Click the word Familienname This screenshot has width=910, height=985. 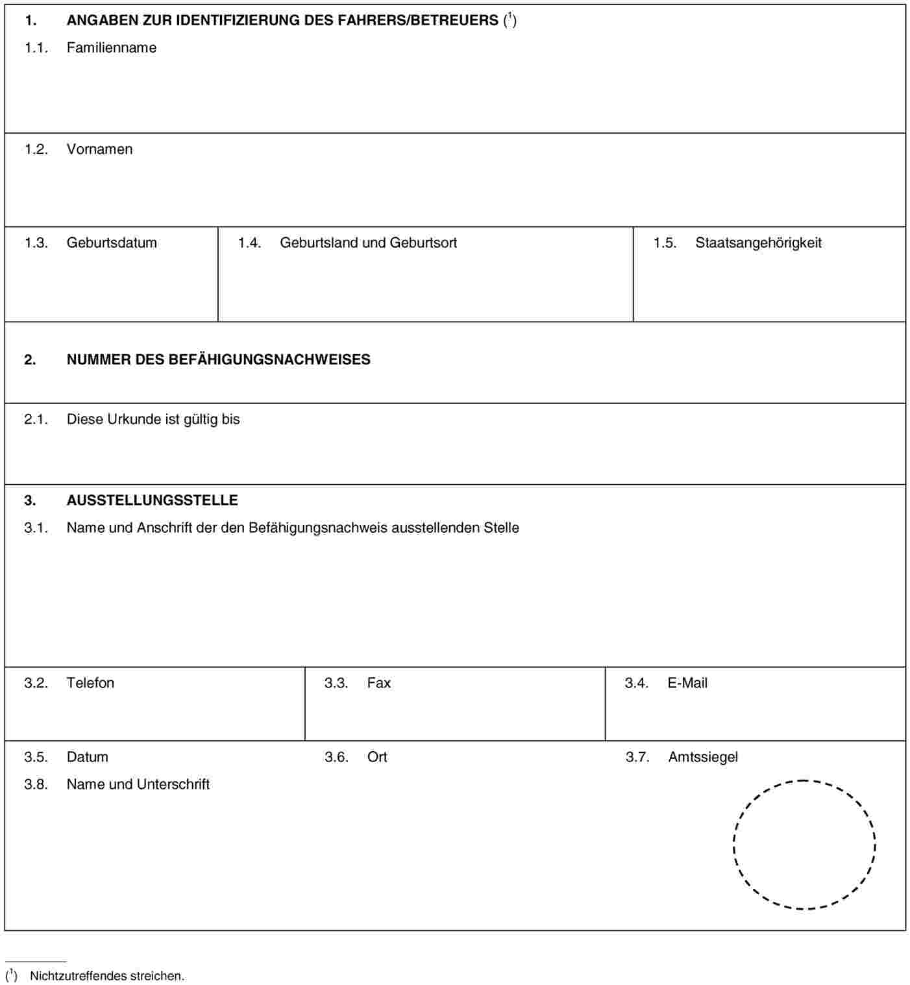click(111, 47)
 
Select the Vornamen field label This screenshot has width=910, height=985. click(99, 149)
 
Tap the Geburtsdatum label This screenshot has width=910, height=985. click(112, 243)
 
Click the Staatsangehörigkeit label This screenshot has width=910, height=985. click(758, 243)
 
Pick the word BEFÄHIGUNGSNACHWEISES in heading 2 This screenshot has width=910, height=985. click(269, 359)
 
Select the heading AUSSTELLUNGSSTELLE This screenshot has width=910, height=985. click(152, 500)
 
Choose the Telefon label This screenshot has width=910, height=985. click(90, 683)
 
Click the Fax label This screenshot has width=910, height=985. click(379, 683)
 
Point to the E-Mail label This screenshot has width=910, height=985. click(687, 683)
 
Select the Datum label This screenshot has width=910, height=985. click(87, 757)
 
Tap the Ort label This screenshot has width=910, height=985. click(377, 757)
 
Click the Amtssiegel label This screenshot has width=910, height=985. click(703, 757)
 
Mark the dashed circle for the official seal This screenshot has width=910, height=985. click(804, 844)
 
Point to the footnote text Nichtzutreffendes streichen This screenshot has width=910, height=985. click(107, 976)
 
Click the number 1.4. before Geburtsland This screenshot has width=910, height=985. click(249, 243)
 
